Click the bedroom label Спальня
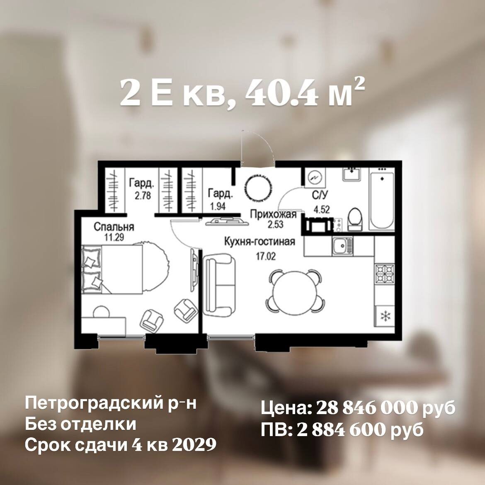click(114, 227)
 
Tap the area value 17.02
click(266, 257)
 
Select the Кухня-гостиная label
click(259, 242)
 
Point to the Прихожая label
click(273, 214)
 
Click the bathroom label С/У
click(320, 196)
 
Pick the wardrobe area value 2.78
click(143, 196)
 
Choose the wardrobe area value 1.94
click(218, 206)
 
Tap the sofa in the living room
click(219, 284)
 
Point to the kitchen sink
click(342, 247)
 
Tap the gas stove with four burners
click(385, 274)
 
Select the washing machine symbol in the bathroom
click(315, 177)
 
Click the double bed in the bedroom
click(112, 269)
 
